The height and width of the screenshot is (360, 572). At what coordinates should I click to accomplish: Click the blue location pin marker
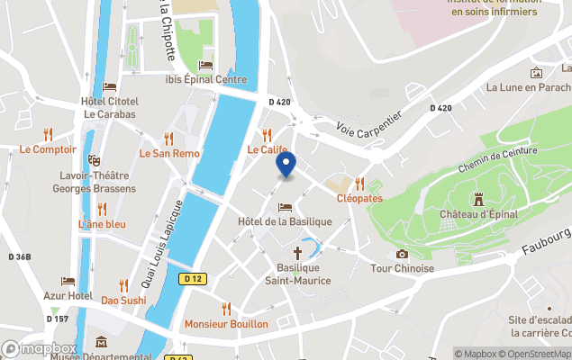[x=286, y=166]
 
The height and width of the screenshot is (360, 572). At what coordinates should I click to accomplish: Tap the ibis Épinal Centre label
[x=206, y=79]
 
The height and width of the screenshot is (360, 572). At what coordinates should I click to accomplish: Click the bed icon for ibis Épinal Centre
[x=205, y=65]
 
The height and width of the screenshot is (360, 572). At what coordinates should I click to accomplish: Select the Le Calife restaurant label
[x=268, y=149]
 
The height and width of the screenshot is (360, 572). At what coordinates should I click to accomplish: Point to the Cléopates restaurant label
[x=359, y=198]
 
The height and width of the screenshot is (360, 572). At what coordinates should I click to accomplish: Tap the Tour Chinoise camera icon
[x=402, y=254]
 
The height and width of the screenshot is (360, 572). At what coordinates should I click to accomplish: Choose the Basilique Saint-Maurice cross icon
[x=297, y=254]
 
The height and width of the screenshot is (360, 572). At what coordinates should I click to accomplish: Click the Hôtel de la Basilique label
[x=285, y=221]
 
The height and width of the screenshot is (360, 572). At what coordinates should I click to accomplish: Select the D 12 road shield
[x=189, y=279]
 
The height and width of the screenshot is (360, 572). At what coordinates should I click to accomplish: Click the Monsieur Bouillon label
[x=226, y=323]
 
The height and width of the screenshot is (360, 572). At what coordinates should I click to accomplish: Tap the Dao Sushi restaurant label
[x=123, y=300]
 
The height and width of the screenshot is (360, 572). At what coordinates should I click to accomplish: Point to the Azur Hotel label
[x=68, y=295]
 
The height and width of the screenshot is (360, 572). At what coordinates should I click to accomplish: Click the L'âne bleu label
[x=102, y=224]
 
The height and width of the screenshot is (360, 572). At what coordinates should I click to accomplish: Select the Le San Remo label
[x=169, y=154]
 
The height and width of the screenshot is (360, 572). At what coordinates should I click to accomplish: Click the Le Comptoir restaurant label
[x=48, y=149]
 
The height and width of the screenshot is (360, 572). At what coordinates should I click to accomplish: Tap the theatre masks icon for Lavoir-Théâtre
[x=94, y=160]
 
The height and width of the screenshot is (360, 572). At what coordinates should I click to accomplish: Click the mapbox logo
[x=40, y=348]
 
